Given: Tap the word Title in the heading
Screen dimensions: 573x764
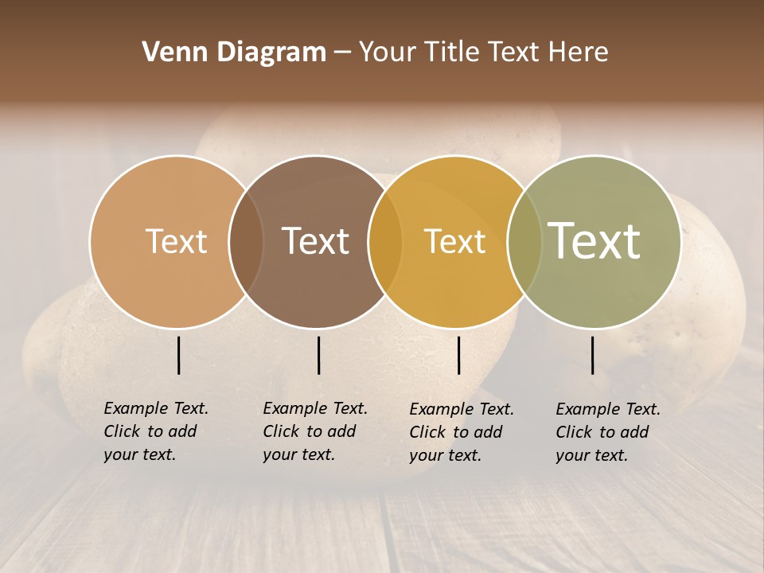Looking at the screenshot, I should coord(452,53).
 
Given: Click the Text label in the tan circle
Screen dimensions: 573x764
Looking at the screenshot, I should coord(176,241).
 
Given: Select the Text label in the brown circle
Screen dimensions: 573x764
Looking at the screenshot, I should coord(315,241).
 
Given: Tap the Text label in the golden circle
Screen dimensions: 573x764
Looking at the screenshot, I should coord(454,241).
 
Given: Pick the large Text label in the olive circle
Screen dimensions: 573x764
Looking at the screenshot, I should coord(594,240).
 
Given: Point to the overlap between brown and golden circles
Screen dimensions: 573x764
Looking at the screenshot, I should coord(385,241).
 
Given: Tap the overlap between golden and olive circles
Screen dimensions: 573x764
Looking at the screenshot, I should coord(524,241).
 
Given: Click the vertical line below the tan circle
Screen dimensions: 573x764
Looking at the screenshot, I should coord(179,355).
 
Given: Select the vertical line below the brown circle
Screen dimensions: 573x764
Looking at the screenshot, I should coord(318,355).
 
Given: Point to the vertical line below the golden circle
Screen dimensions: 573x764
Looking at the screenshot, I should coord(459,355).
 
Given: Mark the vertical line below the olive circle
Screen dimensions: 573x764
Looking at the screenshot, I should coord(593,355).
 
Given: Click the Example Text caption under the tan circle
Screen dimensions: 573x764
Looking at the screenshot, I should coord(155,431).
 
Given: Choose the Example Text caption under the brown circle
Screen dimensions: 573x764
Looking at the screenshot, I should coord(314,431).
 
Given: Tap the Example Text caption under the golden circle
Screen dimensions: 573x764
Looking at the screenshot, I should coord(461,432).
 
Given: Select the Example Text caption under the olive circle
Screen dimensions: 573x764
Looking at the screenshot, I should coord(607,432).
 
